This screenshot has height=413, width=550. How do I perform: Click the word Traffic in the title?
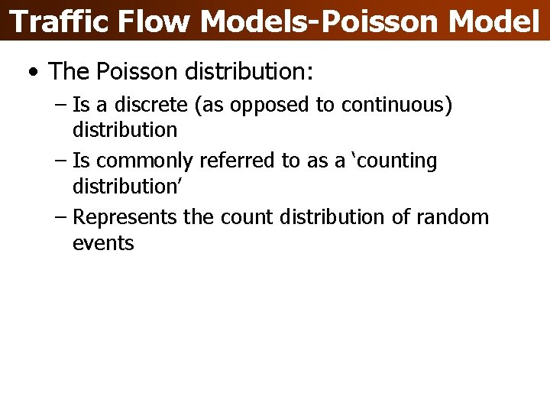pos(60,21)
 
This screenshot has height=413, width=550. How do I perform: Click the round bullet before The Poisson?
pos(31,73)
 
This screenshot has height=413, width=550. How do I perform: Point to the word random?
pos(452,217)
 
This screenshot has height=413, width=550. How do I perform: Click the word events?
pos(103,243)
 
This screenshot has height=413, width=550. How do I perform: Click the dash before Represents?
pos(61,218)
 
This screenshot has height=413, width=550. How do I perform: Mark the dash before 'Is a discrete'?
pos(61,106)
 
